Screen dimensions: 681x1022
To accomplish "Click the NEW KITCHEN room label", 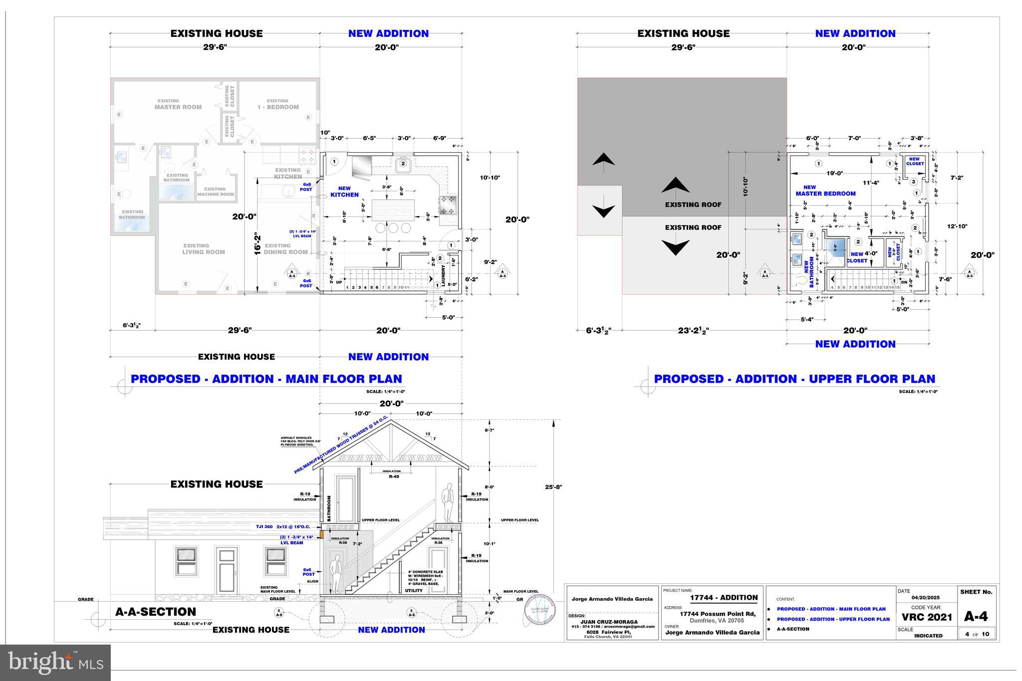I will point(344,192).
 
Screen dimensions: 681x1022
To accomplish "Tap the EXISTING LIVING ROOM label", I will point(203,249).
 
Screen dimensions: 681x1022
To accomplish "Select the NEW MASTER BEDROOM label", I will point(825,191).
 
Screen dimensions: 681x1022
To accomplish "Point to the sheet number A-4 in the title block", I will point(976,616).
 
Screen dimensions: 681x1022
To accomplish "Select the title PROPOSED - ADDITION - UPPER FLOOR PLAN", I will point(794,379).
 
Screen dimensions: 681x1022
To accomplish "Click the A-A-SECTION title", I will point(156,612).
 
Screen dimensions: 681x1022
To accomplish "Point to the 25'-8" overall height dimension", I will point(553,487).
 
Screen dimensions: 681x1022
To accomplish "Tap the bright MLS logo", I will point(55,663).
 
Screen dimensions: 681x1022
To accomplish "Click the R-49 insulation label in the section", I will point(394,476).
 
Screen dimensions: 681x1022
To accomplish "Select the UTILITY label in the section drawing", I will point(414,591).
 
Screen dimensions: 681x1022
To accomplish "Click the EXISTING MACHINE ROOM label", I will point(215,192).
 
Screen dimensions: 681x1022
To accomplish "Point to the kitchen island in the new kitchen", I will point(393,210).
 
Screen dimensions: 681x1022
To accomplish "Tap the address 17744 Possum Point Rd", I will point(718,614).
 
